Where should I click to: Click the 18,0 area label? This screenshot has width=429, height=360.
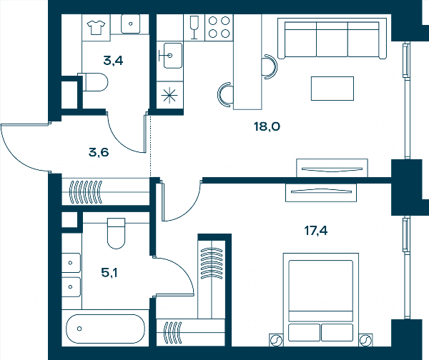tap(267, 126)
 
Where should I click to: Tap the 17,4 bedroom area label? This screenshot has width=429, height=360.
tap(316, 231)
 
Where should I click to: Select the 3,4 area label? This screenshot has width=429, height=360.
tap(113, 61)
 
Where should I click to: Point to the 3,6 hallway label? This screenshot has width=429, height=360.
tap(99, 152)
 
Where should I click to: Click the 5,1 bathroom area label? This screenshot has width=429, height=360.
tap(109, 273)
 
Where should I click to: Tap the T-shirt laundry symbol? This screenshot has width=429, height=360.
tap(96, 28)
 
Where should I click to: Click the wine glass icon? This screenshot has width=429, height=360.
tap(194, 27)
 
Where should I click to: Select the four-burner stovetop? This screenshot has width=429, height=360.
tap(219, 27)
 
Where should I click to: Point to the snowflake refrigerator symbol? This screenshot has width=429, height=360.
tap(169, 95)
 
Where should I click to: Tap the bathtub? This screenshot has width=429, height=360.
tap(105, 329)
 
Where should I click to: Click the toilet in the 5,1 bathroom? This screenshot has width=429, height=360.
tap(117, 233)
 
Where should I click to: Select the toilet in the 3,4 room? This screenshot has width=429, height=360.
tap(93, 81)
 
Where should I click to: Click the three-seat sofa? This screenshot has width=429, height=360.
tap(332, 39)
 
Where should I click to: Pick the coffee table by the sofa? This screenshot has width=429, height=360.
tap(332, 89)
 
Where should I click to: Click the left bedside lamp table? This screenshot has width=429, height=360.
tap(276, 340)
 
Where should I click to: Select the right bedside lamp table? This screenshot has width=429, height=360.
tap(365, 340)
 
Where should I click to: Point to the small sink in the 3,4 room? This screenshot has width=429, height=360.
tap(131, 24)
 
